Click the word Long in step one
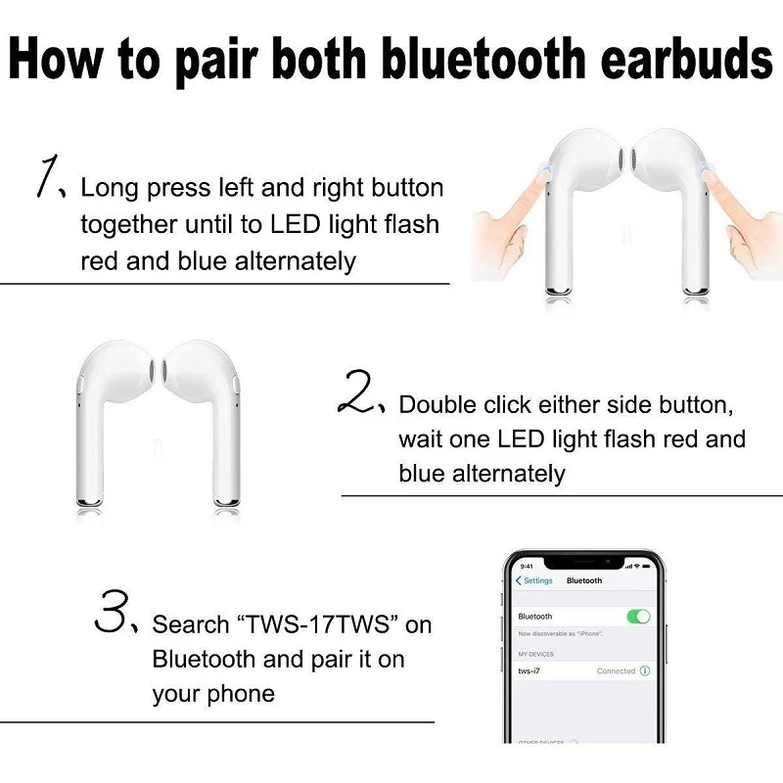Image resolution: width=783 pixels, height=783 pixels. tap(108, 187)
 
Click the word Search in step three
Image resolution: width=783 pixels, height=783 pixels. tap(191, 624)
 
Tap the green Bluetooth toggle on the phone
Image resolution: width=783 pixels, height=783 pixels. tap(638, 617)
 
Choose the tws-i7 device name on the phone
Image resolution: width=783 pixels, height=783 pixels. tap(530, 670)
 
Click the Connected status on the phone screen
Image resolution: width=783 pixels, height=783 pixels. tap(616, 670)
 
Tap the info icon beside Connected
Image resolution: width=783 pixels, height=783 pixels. tap(644, 670)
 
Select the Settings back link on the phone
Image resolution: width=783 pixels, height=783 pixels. tap(534, 580)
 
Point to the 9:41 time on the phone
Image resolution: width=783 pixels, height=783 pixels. tap(527, 566)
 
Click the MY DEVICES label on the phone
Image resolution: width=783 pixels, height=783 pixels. tap(535, 653)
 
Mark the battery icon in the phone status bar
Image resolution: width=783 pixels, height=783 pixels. tap(645, 566)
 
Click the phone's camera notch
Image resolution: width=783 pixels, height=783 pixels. tap(585, 563)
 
